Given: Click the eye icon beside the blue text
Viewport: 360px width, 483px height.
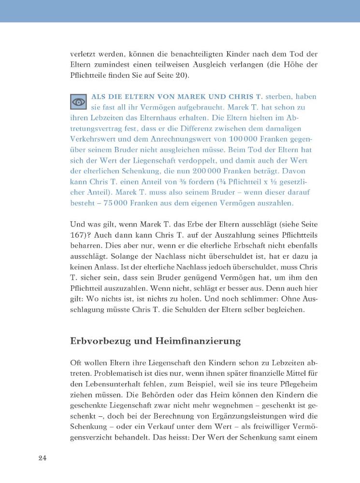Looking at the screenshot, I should pyautogui.click(x=78, y=102).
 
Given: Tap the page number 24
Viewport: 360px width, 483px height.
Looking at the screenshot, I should pyautogui.click(x=42, y=458).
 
